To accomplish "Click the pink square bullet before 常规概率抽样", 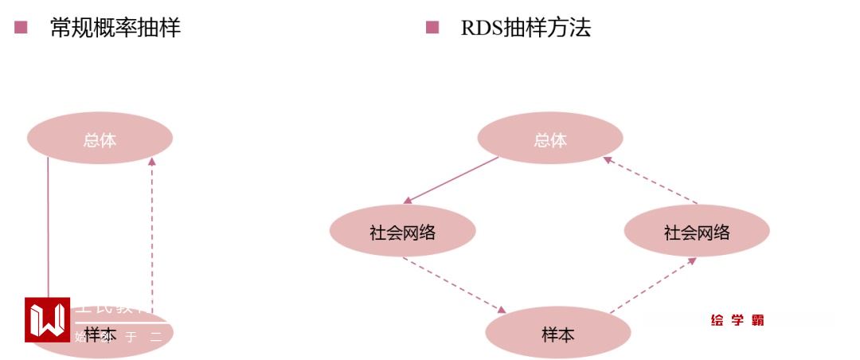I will click(x=21, y=28).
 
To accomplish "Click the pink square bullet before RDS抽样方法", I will click(x=432, y=28).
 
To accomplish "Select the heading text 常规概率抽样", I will click(x=115, y=28).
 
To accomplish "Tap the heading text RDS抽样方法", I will click(x=526, y=28).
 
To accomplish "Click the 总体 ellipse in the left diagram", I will click(x=100, y=139).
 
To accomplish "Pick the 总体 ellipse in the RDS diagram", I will click(x=549, y=139).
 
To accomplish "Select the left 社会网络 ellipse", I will click(x=402, y=232).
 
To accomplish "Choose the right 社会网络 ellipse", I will click(x=697, y=232).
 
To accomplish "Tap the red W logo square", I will click(x=47, y=319).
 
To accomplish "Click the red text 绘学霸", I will click(x=737, y=320).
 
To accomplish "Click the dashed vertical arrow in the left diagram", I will click(x=152, y=231).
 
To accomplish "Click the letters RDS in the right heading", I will click(x=480, y=29).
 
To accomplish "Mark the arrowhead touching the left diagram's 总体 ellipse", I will click(x=152, y=162).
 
